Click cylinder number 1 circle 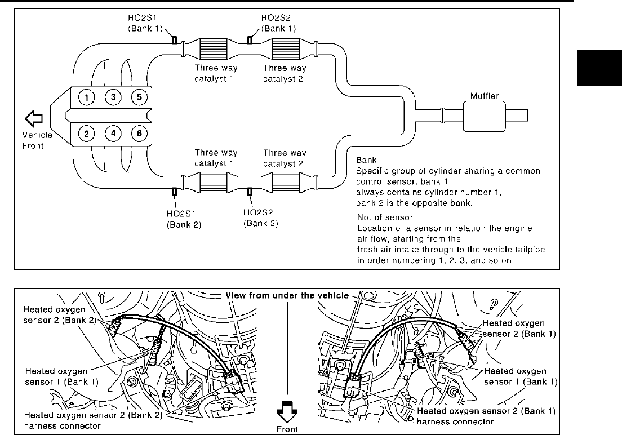86,97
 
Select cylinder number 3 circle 113,97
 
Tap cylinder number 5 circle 139,97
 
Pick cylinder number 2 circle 86,134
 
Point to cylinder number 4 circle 113,134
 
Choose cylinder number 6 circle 139,134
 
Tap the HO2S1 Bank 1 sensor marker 175,40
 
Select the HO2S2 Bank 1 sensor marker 250,40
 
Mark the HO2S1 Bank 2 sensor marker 175,192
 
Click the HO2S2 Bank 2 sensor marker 250,192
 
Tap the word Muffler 485,96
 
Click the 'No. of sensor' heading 385,217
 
